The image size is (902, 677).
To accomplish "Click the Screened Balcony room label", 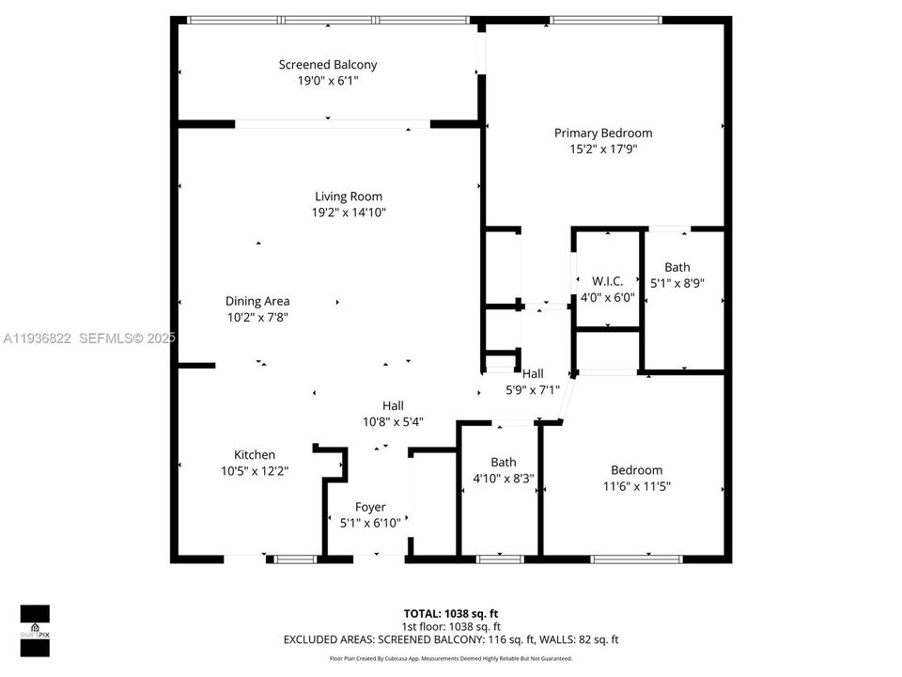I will coord(327,65).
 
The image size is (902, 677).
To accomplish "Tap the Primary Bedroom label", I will coord(602,134).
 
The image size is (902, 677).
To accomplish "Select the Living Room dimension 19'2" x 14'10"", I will coord(349,213).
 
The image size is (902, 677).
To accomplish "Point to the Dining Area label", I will coord(257,302).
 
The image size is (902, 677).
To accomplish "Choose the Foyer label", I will coord(369,508).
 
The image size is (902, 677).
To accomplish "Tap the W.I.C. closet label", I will coord(607,281).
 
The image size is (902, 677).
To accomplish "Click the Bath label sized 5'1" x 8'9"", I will coord(676,267).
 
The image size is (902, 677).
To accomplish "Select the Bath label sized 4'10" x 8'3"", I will coord(503,463).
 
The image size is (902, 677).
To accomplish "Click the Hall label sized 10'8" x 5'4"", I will coord(393,406).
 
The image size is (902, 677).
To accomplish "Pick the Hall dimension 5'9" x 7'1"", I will coord(533,389).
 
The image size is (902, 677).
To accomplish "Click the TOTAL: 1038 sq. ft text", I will coord(450,613).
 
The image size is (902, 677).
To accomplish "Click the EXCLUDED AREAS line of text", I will coord(450,639).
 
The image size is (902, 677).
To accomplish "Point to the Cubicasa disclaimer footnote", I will coord(450,658).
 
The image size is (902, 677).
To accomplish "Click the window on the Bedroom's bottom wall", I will coord(636,559).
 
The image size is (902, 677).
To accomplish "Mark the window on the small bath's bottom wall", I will coord(500,559).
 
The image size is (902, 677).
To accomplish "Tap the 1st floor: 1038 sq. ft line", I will coord(450,626).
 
